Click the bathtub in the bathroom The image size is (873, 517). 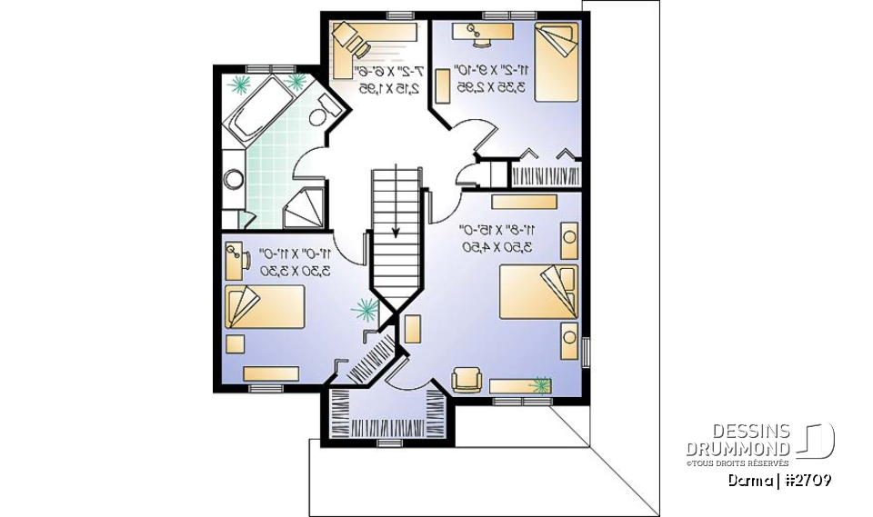pyautogui.click(x=255, y=109)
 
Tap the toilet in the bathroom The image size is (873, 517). pyautogui.click(x=316, y=115)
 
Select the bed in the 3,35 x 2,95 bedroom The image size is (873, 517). pyautogui.click(x=555, y=63)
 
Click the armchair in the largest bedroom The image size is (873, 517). pyautogui.click(x=467, y=377)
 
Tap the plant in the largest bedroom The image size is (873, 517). pyautogui.click(x=541, y=385)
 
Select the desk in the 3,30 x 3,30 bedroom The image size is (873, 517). pyautogui.click(x=232, y=260)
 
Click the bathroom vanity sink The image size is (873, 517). pyautogui.click(x=234, y=179)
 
